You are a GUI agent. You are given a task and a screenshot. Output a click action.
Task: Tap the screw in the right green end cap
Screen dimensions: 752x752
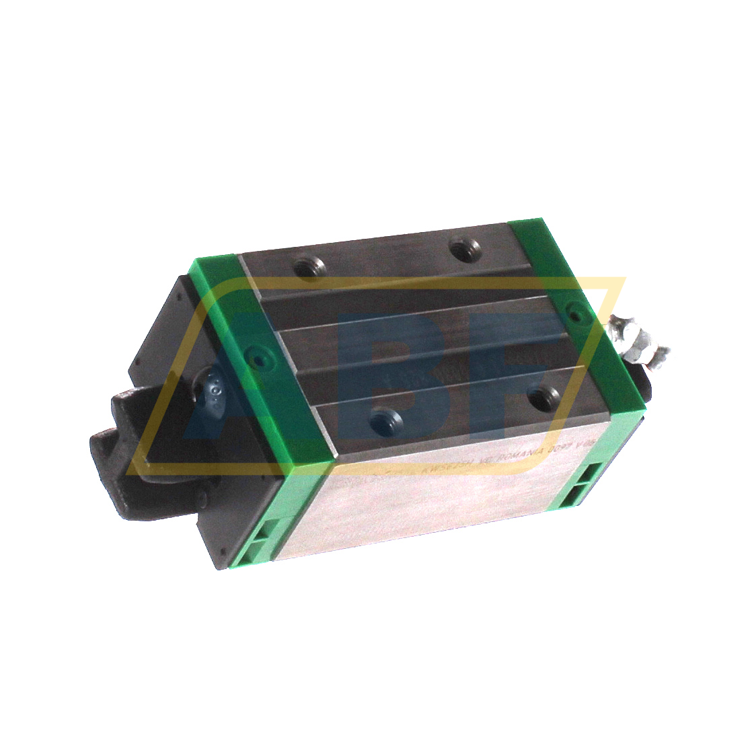574,309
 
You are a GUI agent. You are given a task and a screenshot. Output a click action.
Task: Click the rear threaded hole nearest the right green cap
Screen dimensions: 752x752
462,250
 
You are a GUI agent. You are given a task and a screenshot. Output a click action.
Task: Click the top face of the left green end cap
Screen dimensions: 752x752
269,350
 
